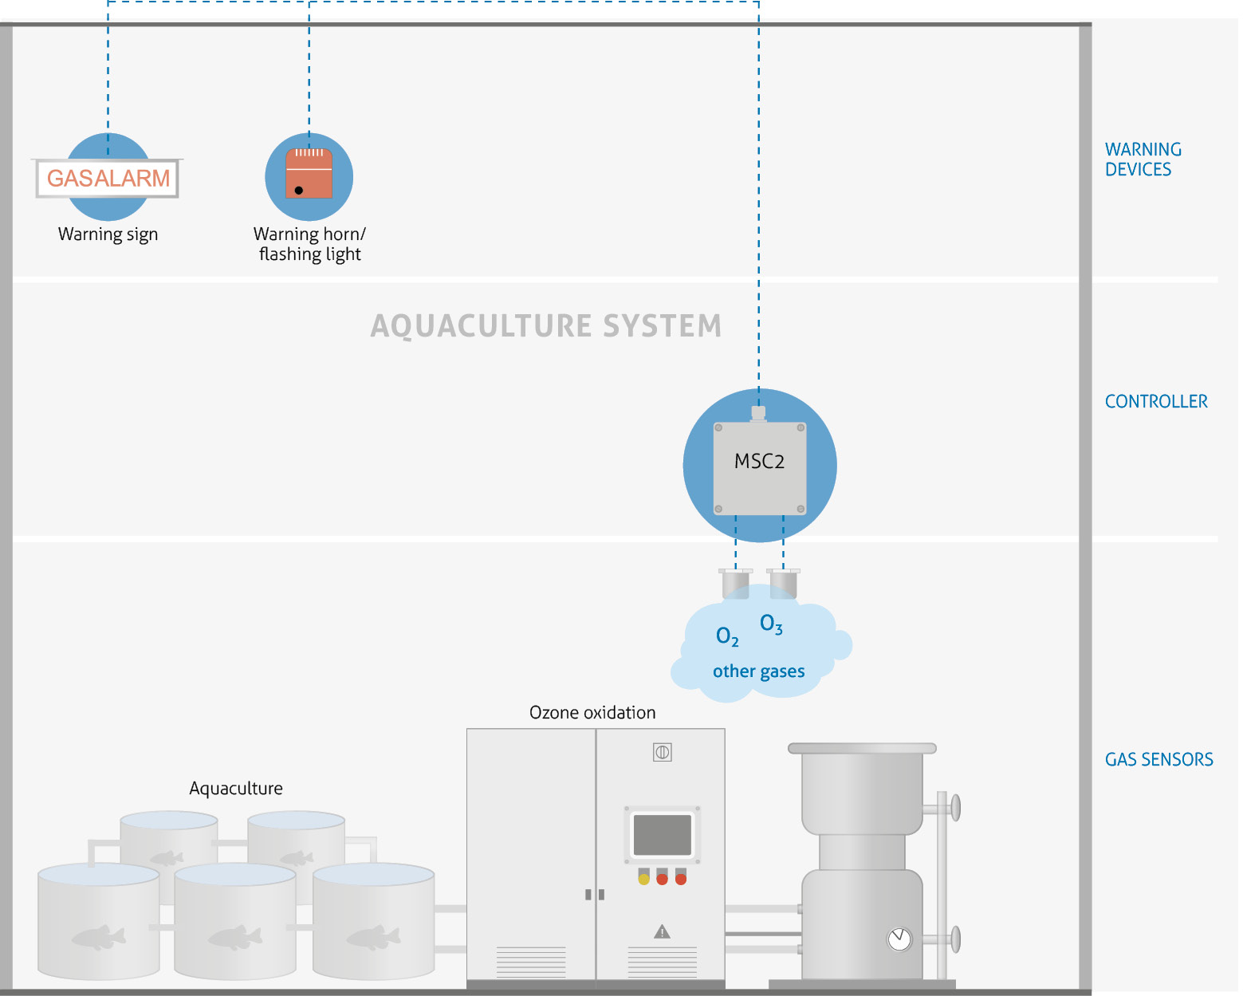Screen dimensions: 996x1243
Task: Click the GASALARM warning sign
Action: pos(108,178)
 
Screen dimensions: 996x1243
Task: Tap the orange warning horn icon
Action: pos(309,173)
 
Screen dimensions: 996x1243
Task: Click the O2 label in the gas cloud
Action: pos(727,636)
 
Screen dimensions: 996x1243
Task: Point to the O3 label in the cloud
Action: pos(771,624)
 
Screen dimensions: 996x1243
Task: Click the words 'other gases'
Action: pos(758,671)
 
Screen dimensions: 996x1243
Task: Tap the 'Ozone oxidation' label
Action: pos(592,713)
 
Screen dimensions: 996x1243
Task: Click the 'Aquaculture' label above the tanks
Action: pos(236,789)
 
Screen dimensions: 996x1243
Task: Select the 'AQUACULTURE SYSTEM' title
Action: pos(546,326)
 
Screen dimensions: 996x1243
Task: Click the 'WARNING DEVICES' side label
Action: pos(1143,159)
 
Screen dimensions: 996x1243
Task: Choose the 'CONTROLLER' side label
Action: pos(1155,402)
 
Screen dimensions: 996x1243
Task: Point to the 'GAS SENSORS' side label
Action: pos(1158,760)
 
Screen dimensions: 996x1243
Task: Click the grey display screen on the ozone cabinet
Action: pos(662,835)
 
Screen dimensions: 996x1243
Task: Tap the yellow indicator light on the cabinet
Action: pos(643,880)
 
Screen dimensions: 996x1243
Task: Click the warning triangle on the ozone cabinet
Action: pos(662,931)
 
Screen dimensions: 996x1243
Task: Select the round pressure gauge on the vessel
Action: pos(899,939)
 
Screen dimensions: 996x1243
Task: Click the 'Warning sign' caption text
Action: pos(108,234)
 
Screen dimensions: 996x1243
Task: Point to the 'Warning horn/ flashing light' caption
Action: pos(309,244)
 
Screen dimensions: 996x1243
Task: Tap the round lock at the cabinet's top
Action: pos(662,752)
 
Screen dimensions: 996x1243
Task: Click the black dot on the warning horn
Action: pos(299,191)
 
